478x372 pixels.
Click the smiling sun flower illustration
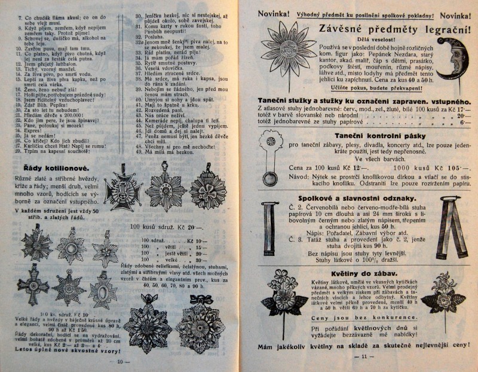(x=280, y=48)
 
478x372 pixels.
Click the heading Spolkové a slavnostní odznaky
(x=357, y=197)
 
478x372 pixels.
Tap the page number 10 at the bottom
(x=119, y=360)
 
